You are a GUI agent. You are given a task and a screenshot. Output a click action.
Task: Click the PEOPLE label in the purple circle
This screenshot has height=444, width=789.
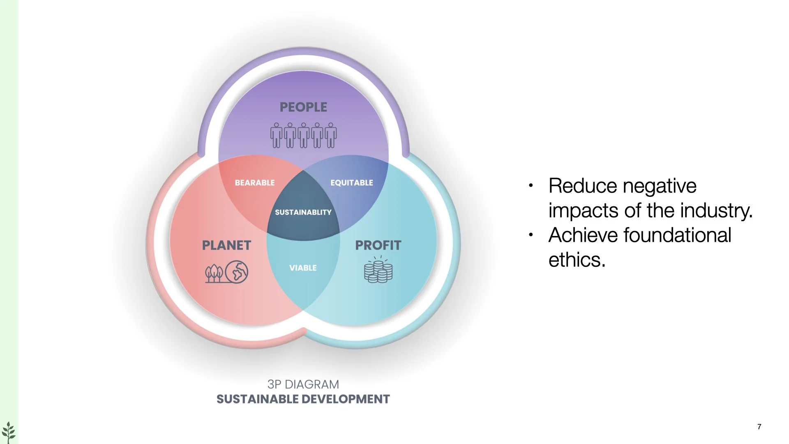click(303, 107)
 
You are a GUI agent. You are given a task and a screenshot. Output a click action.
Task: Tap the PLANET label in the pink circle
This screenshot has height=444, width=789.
click(226, 245)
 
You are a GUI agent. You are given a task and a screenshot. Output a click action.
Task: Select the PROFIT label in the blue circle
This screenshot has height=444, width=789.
click(378, 245)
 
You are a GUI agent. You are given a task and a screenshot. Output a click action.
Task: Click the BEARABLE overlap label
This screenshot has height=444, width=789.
click(255, 183)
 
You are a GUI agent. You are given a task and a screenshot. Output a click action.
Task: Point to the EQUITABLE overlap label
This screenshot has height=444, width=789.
click(352, 183)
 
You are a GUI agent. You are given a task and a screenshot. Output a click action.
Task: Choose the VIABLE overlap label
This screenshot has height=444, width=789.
click(303, 268)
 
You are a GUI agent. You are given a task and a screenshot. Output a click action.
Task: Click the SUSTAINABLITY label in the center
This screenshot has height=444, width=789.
click(303, 212)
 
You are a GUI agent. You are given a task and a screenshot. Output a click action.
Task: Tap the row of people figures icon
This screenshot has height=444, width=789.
click(303, 135)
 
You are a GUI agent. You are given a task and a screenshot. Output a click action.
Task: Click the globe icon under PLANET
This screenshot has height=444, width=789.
click(237, 272)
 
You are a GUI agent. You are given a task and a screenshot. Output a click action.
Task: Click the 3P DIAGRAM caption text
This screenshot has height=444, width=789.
click(303, 384)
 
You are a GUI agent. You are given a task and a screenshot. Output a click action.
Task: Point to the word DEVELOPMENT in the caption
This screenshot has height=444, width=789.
click(346, 399)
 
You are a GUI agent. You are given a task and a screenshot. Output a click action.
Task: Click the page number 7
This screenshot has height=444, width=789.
click(759, 427)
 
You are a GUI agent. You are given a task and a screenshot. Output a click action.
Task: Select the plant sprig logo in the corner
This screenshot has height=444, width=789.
click(9, 432)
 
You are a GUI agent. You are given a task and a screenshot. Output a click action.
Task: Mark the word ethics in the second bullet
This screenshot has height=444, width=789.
click(576, 260)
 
